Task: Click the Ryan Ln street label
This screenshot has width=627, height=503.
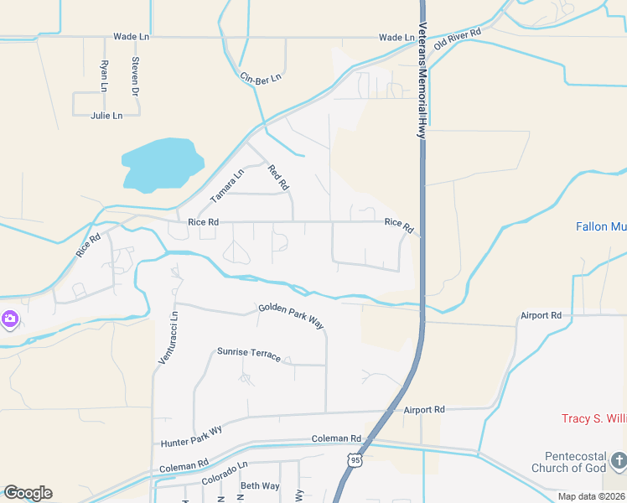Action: pyautogui.click(x=104, y=75)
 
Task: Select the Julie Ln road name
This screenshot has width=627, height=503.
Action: pyautogui.click(x=106, y=116)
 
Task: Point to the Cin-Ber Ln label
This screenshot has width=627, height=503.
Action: pyautogui.click(x=261, y=77)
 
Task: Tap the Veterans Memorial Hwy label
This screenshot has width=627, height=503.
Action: pyautogui.click(x=423, y=80)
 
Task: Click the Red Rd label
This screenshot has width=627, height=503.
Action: pyautogui.click(x=278, y=177)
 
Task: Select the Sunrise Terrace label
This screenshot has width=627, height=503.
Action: pyautogui.click(x=249, y=353)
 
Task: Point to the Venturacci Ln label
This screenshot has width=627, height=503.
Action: pyautogui.click(x=168, y=337)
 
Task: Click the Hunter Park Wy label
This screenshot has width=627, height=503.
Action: pyautogui.click(x=191, y=436)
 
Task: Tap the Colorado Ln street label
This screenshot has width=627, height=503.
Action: pyautogui.click(x=225, y=474)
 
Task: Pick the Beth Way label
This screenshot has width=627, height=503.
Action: pyautogui.click(x=260, y=486)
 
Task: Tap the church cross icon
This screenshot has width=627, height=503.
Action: pyautogui.click(x=618, y=460)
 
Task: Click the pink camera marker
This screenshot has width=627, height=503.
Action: pyautogui.click(x=9, y=319)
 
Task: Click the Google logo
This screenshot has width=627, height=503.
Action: pyautogui.click(x=28, y=492)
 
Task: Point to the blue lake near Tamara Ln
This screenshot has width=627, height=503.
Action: pyautogui.click(x=163, y=162)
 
